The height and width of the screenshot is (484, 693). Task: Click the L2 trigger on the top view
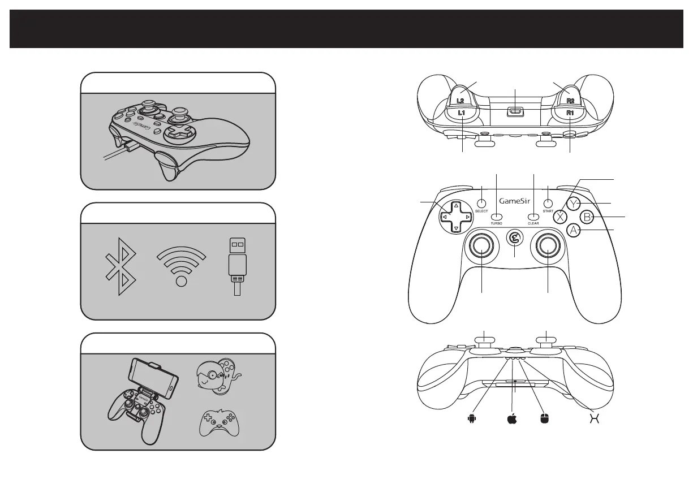click(461, 98)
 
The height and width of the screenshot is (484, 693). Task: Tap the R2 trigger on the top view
click(570, 98)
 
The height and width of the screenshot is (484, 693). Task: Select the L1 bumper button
click(462, 114)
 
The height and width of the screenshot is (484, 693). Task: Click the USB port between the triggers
click(515, 111)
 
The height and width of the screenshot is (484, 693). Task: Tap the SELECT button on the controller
click(481, 203)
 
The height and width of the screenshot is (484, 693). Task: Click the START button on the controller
click(548, 203)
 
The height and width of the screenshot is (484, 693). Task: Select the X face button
click(560, 217)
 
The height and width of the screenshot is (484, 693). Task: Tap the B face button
click(588, 217)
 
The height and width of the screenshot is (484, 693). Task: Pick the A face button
click(574, 230)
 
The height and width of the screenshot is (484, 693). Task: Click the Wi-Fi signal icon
click(181, 266)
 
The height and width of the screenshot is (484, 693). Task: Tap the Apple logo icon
click(513, 418)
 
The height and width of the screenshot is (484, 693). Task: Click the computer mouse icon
click(544, 419)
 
